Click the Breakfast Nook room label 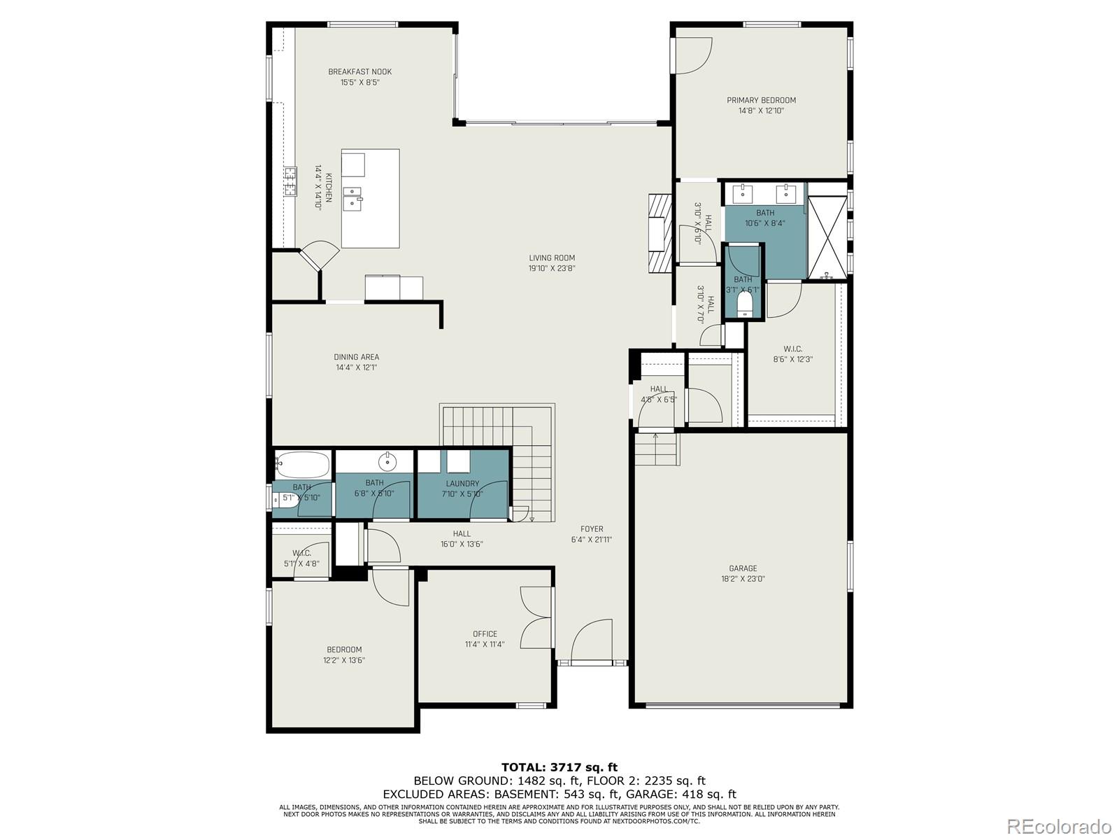(359, 71)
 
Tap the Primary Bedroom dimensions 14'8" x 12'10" (761, 111)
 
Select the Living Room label (552, 258)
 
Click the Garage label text (743, 568)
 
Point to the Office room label (485, 634)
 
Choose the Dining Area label (356, 357)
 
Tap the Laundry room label (462, 483)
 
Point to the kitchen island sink (352, 198)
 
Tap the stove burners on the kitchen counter (290, 181)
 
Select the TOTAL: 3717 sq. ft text (559, 767)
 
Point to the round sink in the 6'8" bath (387, 461)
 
